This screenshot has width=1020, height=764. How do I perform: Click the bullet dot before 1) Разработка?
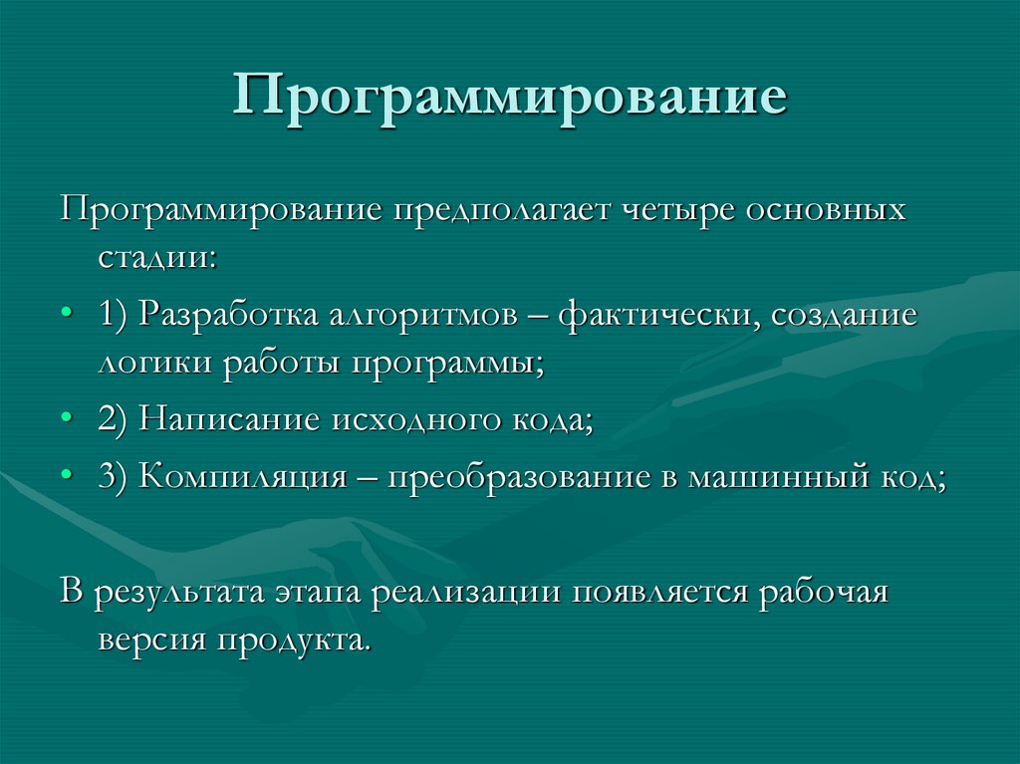pos(66,314)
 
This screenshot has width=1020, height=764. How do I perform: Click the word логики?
pos(153,362)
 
